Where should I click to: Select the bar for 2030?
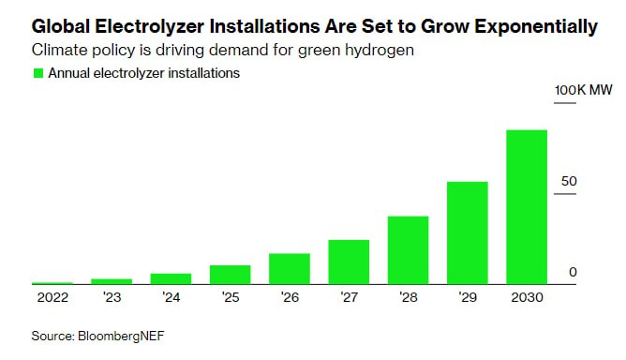[527, 207]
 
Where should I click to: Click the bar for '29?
[467, 232]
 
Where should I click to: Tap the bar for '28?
[408, 250]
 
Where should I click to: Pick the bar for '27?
[349, 262]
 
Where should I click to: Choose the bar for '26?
[290, 269]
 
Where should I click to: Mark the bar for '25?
[230, 275]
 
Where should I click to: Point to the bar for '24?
[171, 278]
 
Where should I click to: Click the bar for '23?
[112, 281]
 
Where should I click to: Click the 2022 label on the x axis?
[52, 298]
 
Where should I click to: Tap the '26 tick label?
[290, 298]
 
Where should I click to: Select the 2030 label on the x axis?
[527, 298]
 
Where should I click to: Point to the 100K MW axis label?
[583, 90]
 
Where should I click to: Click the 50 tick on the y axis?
[569, 181]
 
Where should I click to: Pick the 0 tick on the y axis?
[573, 272]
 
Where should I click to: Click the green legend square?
[38, 73]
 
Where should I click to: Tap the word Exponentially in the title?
[536, 27]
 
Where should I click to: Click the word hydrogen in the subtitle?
[380, 51]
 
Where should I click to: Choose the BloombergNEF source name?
[121, 336]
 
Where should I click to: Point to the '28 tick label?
[409, 298]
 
